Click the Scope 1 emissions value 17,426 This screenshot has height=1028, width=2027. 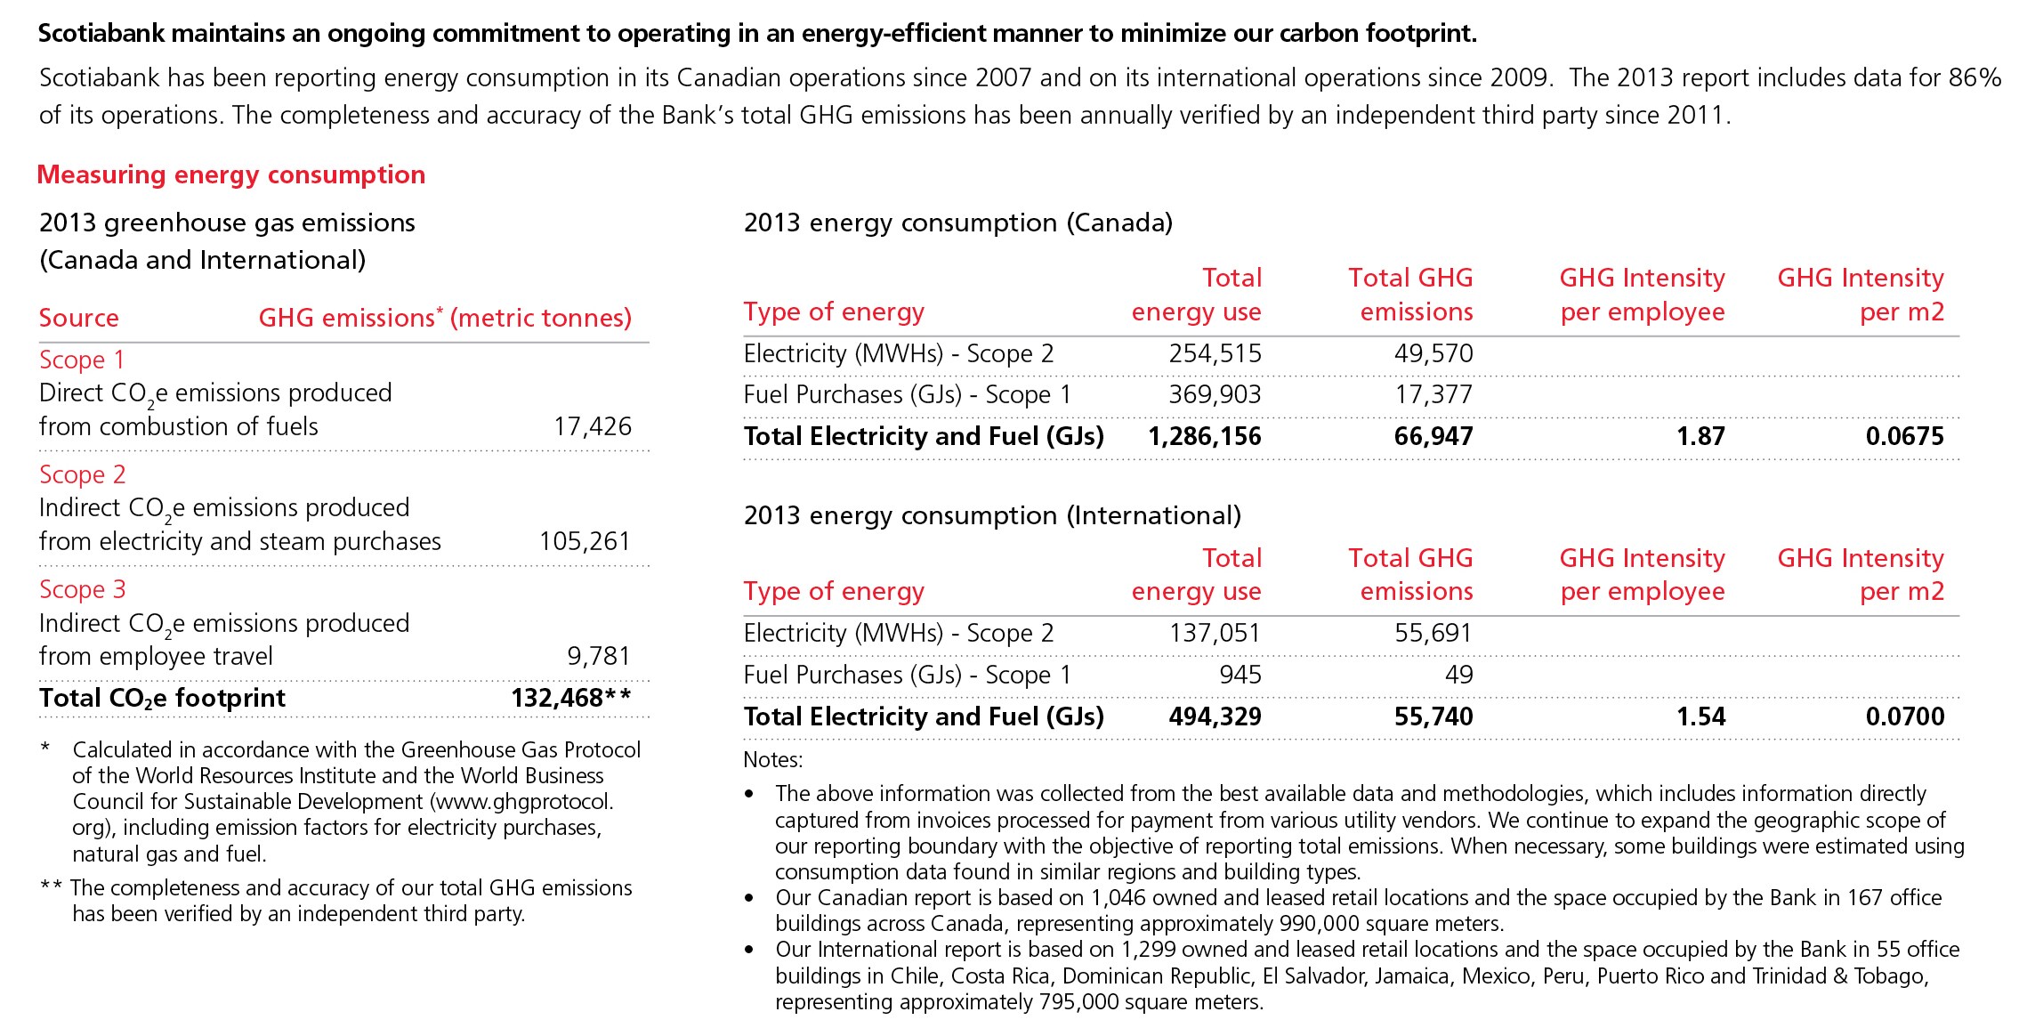[x=593, y=426]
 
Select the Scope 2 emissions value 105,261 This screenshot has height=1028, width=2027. [x=585, y=541]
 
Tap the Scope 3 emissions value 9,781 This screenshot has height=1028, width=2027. [x=599, y=656]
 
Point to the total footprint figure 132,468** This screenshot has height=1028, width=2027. [x=570, y=698]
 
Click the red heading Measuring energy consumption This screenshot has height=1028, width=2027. [x=231, y=174]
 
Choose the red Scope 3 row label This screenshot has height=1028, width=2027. [x=83, y=589]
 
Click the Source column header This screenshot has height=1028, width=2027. [x=79, y=318]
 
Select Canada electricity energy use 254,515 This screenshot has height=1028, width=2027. [x=1215, y=353]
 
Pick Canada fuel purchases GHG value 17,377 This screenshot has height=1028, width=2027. [x=1433, y=394]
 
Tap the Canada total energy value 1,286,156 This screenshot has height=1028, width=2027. [x=1205, y=436]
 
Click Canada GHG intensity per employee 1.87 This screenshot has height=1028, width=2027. [x=1700, y=436]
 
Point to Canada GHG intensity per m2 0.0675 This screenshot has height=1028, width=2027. [x=1904, y=436]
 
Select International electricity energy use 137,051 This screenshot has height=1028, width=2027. [x=1215, y=633]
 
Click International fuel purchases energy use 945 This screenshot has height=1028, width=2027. [x=1240, y=675]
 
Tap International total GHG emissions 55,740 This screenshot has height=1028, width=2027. [x=1433, y=716]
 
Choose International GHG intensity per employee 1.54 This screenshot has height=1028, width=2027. [x=1700, y=716]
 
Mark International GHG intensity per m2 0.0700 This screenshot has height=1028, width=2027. [x=1904, y=716]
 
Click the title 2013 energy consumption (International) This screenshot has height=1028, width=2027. [x=992, y=515]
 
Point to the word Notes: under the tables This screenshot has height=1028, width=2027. [x=773, y=759]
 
